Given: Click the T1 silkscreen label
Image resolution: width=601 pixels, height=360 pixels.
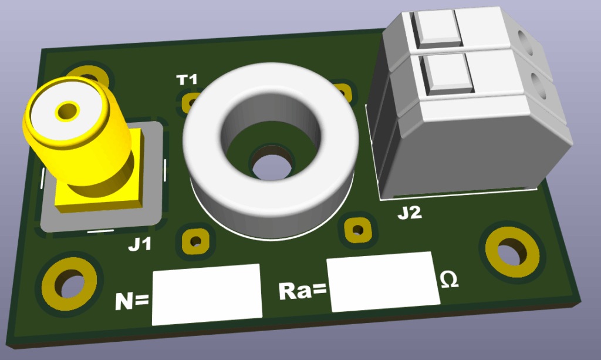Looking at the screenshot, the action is click(187, 80).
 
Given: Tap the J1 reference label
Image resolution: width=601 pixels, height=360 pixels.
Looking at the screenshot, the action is click(140, 244).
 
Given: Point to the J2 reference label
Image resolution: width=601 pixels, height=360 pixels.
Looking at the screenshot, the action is click(410, 213).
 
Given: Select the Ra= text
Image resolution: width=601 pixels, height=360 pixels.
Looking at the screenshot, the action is click(302, 291).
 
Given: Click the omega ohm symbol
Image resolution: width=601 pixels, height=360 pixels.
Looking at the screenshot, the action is click(449, 280).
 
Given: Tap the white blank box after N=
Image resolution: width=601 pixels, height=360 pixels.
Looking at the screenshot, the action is click(207, 294).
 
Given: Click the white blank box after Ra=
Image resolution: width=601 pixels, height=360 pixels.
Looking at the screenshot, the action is click(383, 282).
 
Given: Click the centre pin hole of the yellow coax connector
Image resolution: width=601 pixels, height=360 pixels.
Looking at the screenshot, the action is click(68, 111).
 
